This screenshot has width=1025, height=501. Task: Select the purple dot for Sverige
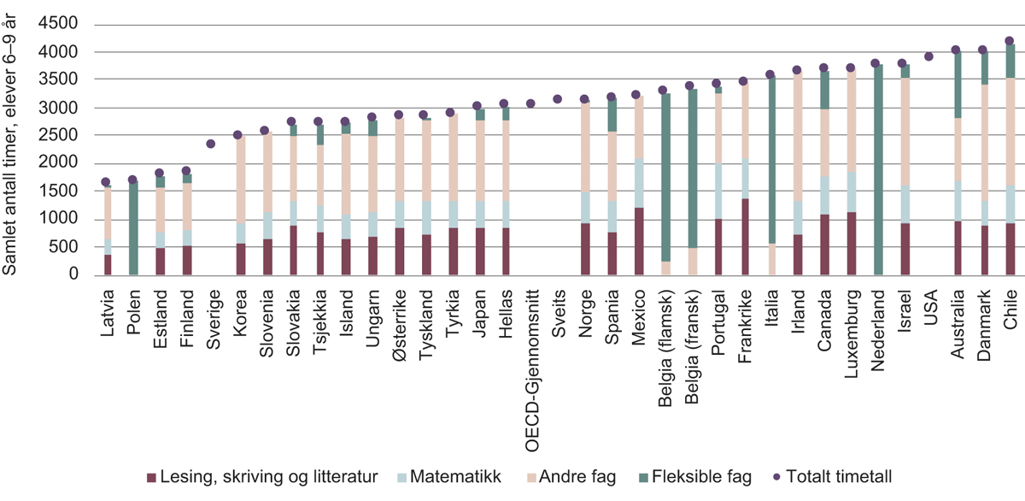click(x=210, y=144)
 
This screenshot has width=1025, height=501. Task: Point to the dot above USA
click(x=928, y=56)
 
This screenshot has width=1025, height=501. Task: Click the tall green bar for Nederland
click(x=876, y=171)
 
